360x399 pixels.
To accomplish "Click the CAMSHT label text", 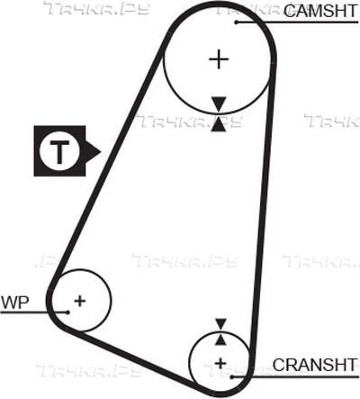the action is point(320,11).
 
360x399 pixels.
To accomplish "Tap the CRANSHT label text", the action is point(315,365).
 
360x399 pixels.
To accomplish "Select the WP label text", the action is point(15,303).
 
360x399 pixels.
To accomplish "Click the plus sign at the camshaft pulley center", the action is point(219,59).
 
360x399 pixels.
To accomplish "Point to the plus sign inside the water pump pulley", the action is point(80,301).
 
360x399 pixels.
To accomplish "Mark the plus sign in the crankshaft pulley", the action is point(220,364).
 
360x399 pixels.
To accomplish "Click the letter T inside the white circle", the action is point(59,151).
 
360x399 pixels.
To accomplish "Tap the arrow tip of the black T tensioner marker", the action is point(101,151).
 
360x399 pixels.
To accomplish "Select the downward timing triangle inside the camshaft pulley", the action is point(219,104).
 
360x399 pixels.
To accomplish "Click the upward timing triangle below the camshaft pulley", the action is point(219,124).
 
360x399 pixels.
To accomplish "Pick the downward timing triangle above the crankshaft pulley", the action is point(220,324).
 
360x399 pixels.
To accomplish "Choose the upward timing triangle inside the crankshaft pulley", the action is point(220,340).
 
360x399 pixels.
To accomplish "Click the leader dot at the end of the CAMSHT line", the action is point(237,23).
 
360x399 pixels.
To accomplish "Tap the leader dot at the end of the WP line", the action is point(67,313).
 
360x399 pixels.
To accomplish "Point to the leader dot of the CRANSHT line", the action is point(231,376).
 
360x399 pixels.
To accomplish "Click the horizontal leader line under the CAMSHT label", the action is point(297,23).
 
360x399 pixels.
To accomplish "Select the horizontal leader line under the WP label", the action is point(34,313).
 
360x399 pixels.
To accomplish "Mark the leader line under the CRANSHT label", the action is point(295,376).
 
